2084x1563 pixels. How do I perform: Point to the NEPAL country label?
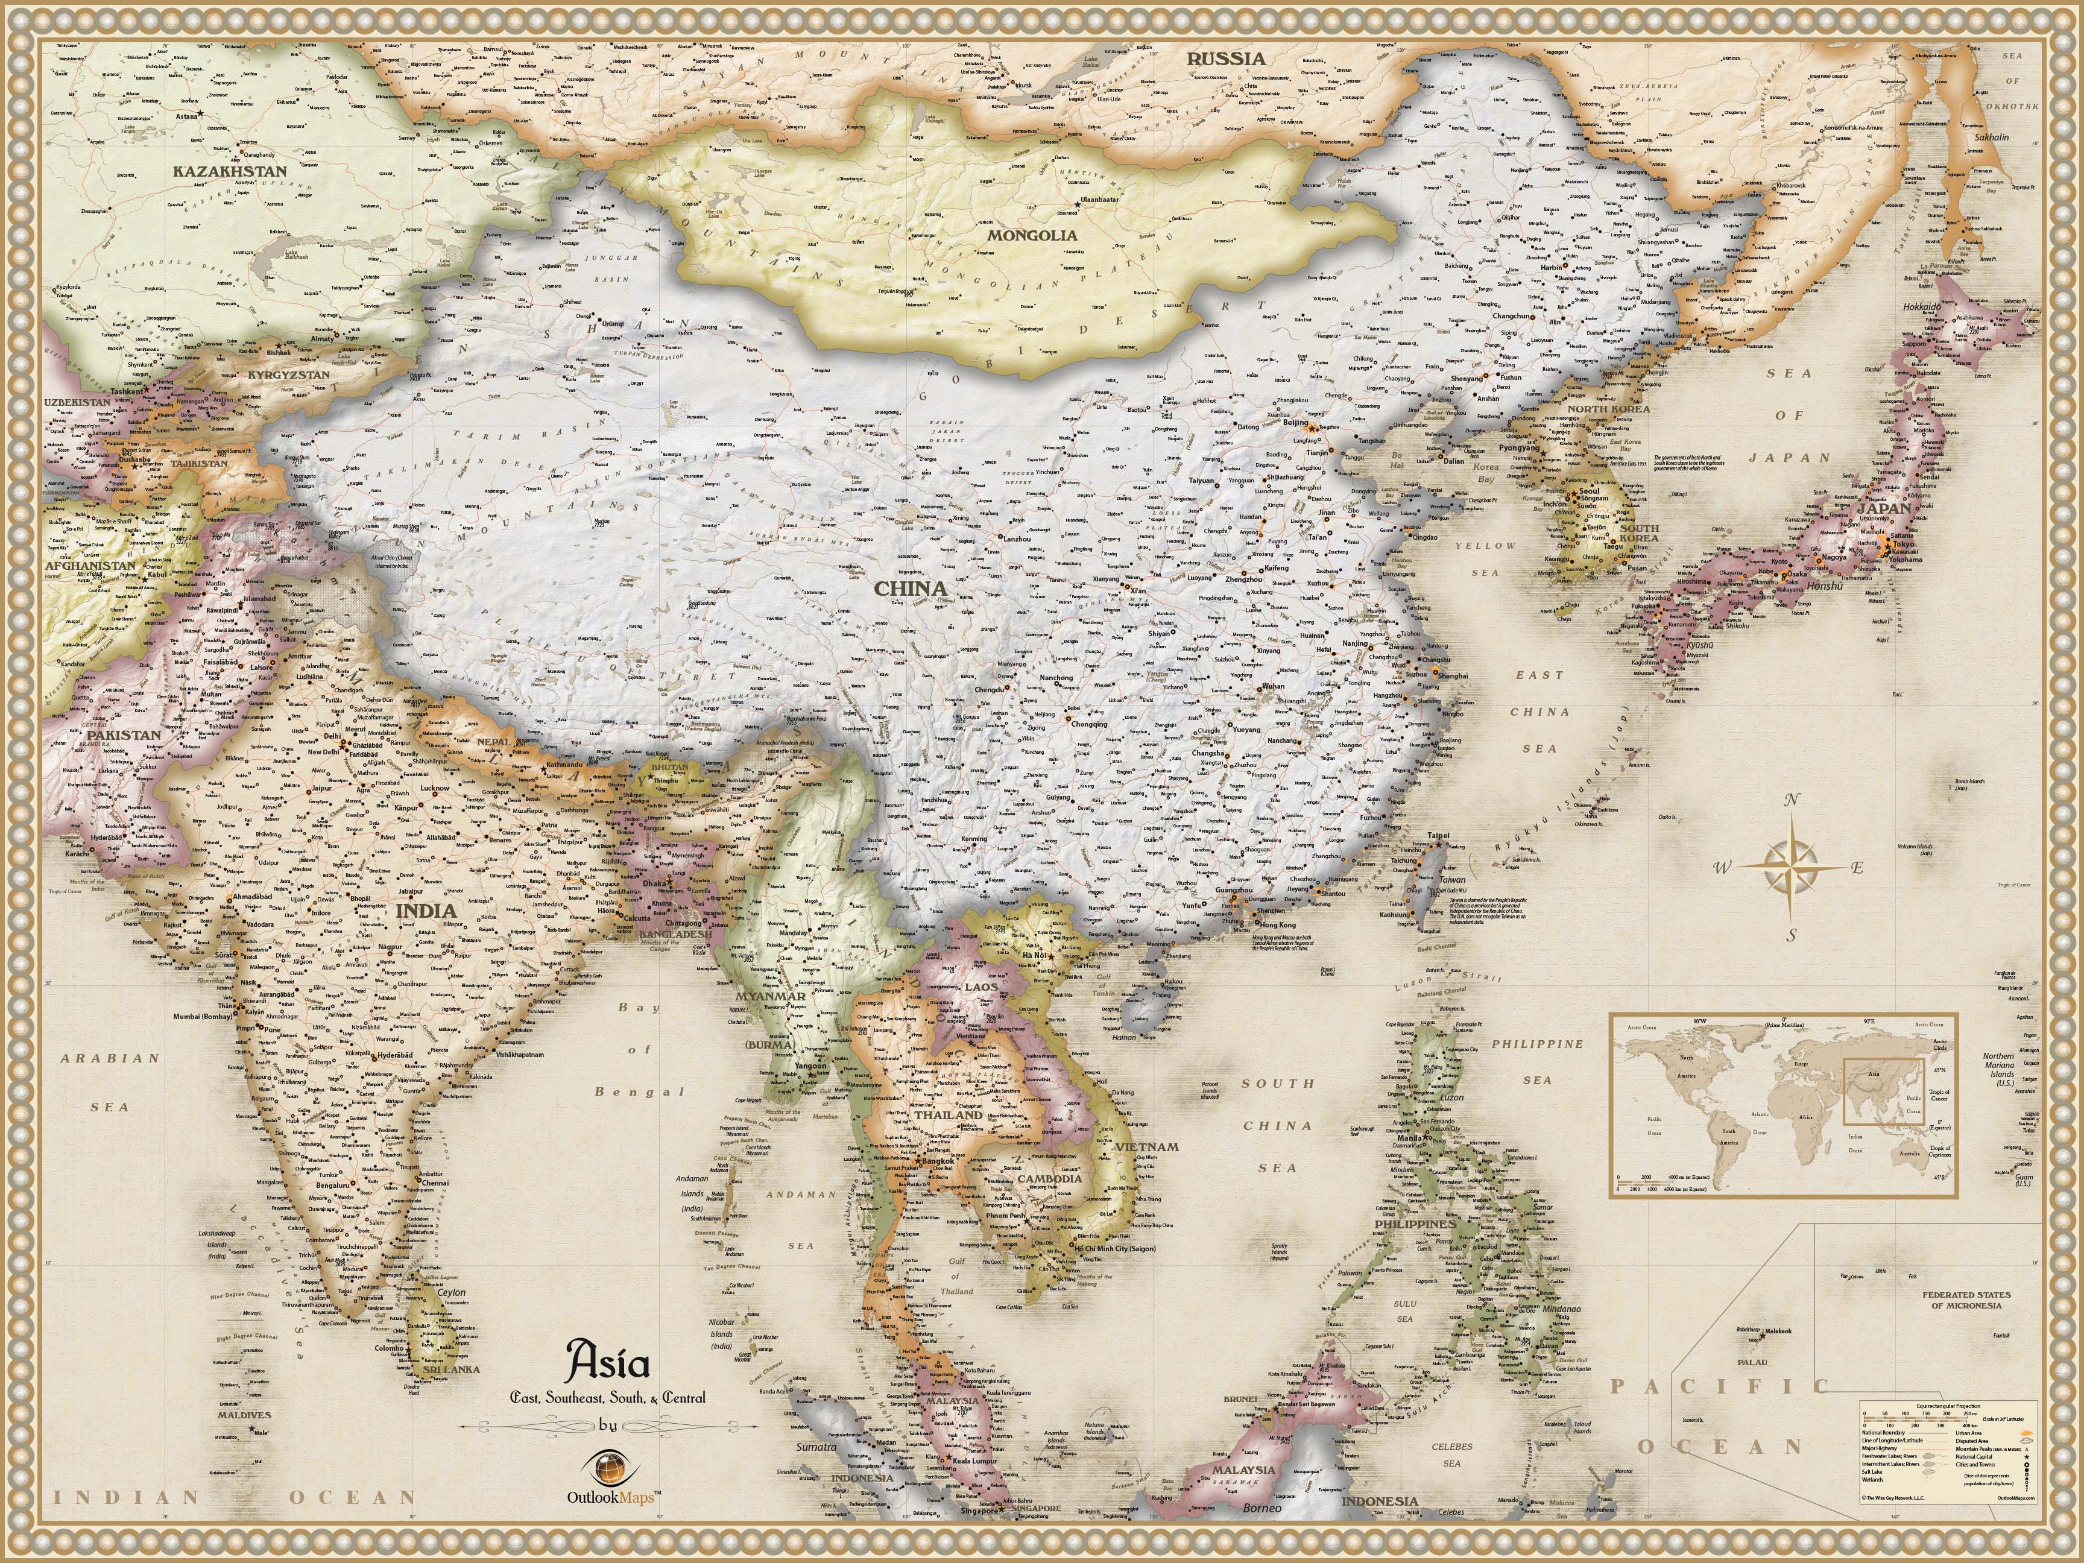click(494, 742)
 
